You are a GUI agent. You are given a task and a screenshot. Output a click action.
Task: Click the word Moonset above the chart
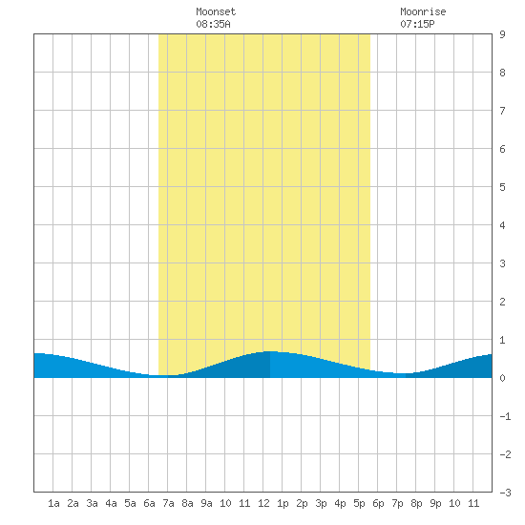coord(216,11)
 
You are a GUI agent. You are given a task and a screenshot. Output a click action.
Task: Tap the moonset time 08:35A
coord(213,24)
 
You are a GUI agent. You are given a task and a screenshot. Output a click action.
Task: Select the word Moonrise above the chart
coord(423,11)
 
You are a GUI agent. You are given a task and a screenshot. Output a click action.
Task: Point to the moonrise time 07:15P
coord(417,24)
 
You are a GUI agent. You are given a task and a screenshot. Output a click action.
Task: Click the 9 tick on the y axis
coord(502,34)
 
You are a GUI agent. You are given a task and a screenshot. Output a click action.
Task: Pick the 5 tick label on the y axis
coord(502,187)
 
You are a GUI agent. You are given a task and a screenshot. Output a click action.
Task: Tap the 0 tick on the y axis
coord(502,378)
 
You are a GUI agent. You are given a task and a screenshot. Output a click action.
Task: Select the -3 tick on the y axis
coord(506,493)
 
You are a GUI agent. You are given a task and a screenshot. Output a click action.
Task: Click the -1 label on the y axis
coord(506,416)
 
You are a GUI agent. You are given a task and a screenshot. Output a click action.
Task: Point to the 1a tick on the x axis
coord(53,503)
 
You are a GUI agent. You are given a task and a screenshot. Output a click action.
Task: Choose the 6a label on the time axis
coord(149,503)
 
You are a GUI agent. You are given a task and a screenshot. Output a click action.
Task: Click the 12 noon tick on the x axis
coord(263,503)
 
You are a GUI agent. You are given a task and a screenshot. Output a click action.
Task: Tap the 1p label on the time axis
coord(283,503)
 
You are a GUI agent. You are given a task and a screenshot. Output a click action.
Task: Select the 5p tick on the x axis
coord(359,503)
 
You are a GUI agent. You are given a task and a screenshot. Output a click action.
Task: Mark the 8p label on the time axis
coord(416,503)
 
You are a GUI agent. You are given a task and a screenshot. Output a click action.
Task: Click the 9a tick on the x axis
coord(206,503)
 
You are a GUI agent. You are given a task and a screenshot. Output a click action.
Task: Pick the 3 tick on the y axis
coord(502,263)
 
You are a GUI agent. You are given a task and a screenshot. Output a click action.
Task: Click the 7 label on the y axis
coord(502,111)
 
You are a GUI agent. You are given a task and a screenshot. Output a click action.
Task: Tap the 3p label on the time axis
coord(321,503)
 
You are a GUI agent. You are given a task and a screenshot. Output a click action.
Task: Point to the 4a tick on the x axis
coord(111,503)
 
